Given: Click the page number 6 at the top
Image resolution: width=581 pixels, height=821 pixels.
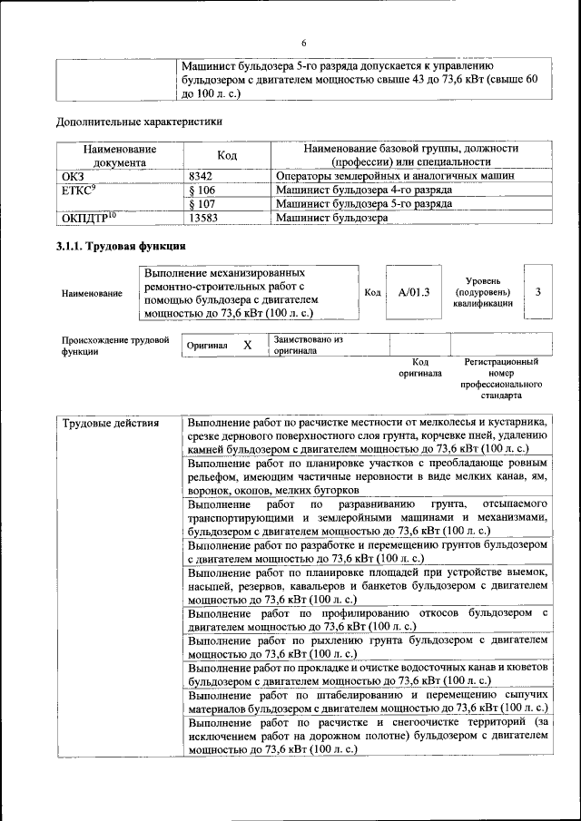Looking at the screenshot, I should tap(304, 44).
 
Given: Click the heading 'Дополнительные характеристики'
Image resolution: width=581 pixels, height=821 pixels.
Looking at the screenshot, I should tap(139, 120).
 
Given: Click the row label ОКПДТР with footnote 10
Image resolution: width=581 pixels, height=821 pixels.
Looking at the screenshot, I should tap(89, 218).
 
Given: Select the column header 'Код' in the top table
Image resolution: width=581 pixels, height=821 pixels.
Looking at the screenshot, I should tap(227, 155).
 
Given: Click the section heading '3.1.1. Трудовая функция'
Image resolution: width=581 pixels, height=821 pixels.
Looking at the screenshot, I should tap(122, 247).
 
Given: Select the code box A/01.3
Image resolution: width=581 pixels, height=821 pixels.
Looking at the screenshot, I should tap(413, 292).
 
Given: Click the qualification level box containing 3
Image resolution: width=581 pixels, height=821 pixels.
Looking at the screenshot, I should tap(538, 292).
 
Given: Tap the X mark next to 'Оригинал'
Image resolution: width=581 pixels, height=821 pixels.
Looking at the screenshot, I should tap(247, 346).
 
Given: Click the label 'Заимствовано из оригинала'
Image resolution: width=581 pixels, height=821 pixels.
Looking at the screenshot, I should tap(308, 345).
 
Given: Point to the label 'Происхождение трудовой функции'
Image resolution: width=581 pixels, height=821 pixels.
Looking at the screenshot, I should tap(115, 346).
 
